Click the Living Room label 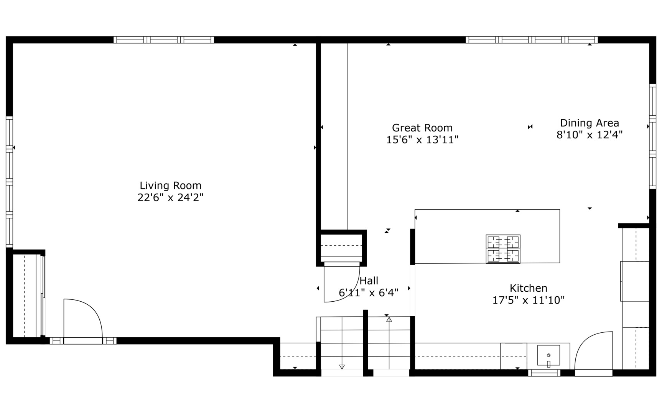click(x=170, y=186)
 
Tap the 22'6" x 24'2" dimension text click(x=170, y=198)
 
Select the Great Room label click(x=422, y=128)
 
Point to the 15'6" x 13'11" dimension click(x=422, y=140)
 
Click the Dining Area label click(x=589, y=123)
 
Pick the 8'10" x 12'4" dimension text click(x=589, y=135)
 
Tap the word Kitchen click(x=528, y=288)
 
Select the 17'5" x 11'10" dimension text click(x=528, y=300)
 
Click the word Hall click(x=369, y=281)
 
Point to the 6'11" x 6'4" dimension click(x=369, y=293)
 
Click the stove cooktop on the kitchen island click(x=503, y=249)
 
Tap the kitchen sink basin click(x=548, y=355)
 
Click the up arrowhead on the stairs click(x=389, y=319)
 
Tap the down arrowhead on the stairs click(x=342, y=367)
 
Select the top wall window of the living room click(x=164, y=40)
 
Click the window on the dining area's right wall click(x=652, y=136)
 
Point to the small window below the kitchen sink click(x=544, y=373)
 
